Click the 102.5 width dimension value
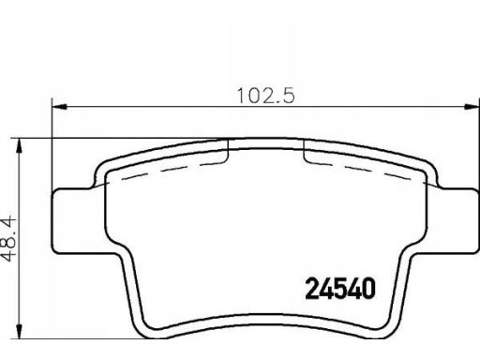click(266, 96)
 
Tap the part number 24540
click(340, 289)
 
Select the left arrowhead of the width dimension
click(59, 107)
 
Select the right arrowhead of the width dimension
click(472, 107)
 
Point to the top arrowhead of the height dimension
click(20, 145)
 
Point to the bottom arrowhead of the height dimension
click(20, 331)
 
